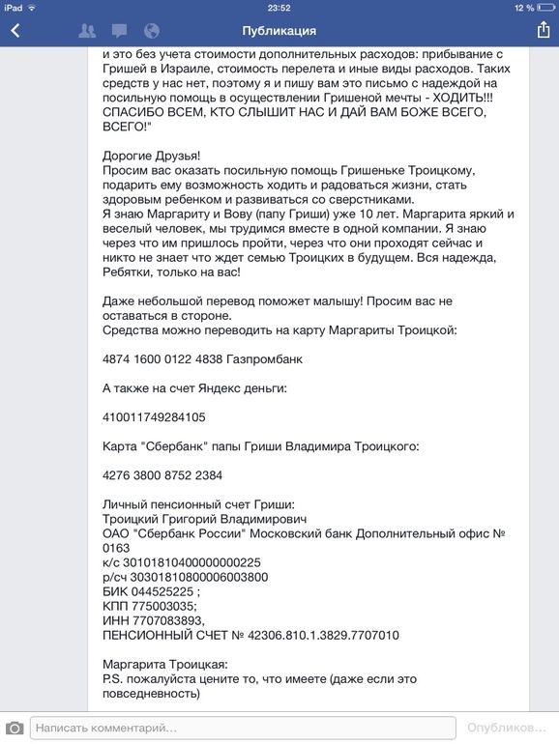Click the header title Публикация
pyautogui.click(x=279, y=31)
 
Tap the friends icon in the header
pyautogui.click(x=87, y=31)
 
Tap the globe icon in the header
pyautogui.click(x=151, y=31)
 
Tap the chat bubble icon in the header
pyautogui.click(x=119, y=31)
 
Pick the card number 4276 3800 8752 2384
pyautogui.click(x=162, y=475)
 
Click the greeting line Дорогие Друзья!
pyautogui.click(x=152, y=156)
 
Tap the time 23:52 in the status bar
pyautogui.click(x=279, y=7)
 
